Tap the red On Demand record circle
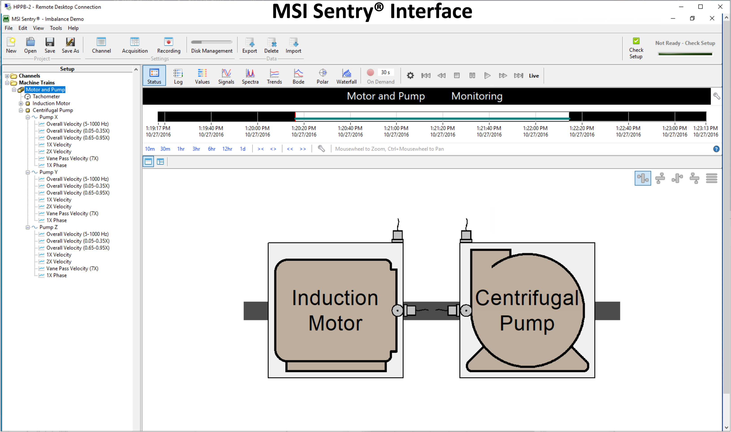tap(370, 73)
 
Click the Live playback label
tap(534, 76)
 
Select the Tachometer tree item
tap(46, 96)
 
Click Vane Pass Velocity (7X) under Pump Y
tap(72, 213)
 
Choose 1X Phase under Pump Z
tap(57, 275)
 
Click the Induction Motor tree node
tap(51, 103)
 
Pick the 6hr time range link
tap(212, 149)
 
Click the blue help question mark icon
tap(716, 149)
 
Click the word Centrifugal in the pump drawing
tap(527, 298)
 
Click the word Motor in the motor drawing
tap(335, 323)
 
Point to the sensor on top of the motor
tap(397, 235)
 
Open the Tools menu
tap(56, 28)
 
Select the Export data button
tap(250, 46)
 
